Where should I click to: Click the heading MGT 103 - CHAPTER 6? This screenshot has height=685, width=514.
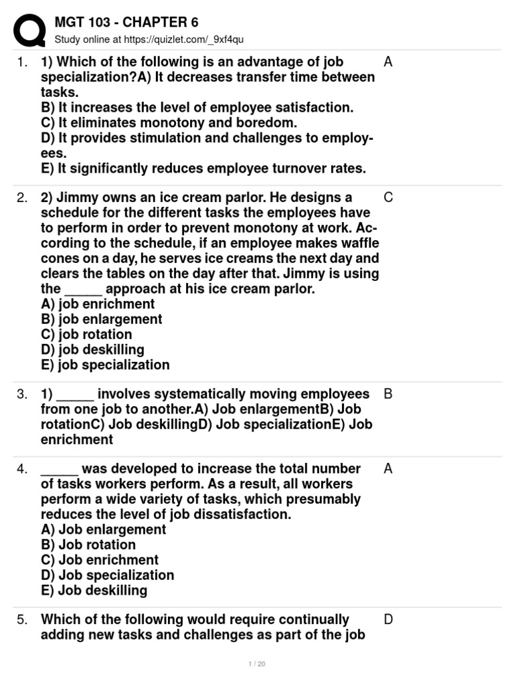tap(126, 23)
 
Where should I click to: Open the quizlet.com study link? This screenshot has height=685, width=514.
tap(149, 40)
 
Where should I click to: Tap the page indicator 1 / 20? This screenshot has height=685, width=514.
tap(256, 664)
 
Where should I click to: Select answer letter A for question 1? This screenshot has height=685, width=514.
tap(388, 62)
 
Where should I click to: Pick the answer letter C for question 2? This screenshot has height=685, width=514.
tap(388, 197)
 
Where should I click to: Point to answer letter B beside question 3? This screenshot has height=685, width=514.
tap(388, 394)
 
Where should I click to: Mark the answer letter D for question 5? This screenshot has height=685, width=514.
tap(388, 619)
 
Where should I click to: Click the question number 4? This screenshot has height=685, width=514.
tap(22, 469)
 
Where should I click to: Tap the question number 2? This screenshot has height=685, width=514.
tap(22, 197)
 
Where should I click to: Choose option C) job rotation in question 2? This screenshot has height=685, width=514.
tap(86, 334)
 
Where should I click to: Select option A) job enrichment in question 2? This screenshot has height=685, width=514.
tap(98, 304)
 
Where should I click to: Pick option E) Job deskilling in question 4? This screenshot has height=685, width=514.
tap(94, 591)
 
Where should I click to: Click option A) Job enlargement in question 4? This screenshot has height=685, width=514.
tap(103, 530)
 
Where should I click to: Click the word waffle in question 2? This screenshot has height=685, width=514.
tap(359, 243)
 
